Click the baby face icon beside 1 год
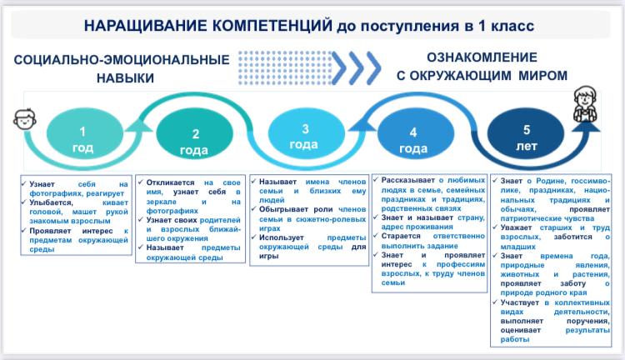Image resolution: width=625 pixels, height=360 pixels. pyautogui.click(x=25, y=118)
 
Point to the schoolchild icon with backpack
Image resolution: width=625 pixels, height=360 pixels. pyautogui.click(x=585, y=104)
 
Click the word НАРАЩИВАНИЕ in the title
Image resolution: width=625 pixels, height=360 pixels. pyautogui.click(x=146, y=26)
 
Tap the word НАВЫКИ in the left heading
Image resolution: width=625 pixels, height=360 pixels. pyautogui.click(x=125, y=77)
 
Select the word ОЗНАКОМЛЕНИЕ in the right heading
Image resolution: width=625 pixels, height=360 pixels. pyautogui.click(x=482, y=57)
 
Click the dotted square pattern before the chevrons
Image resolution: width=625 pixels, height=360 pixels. pyautogui.click(x=285, y=67)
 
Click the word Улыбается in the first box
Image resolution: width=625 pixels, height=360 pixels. pyautogui.click(x=51, y=203)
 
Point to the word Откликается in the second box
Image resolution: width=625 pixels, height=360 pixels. pyautogui.click(x=170, y=182)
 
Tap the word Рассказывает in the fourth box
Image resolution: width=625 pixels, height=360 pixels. pyautogui.click(x=407, y=180)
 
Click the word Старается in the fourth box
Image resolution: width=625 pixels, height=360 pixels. pyautogui.click(x=400, y=236)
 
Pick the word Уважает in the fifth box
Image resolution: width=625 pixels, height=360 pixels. pyautogui.click(x=516, y=227)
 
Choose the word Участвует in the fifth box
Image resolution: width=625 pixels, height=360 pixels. pyautogui.click(x=520, y=302)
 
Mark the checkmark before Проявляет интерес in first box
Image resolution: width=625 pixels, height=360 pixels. pyautogui.click(x=24, y=231)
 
